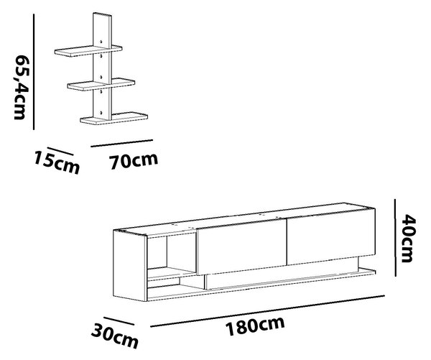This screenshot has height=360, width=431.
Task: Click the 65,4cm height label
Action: [x=21, y=87]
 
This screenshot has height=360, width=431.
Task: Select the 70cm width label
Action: [x=134, y=161]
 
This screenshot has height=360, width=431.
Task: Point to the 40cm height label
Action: [x=409, y=238]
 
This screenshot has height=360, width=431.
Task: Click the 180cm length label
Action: [x=255, y=326]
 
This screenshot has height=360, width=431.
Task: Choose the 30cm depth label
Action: [x=115, y=336]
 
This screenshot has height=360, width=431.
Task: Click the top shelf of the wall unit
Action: [x=88, y=51]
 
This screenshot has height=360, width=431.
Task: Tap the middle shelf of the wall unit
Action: [x=101, y=84]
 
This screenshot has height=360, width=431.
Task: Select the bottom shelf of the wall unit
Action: [x=113, y=118]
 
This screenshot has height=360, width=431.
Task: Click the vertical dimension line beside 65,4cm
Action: [x=34, y=72]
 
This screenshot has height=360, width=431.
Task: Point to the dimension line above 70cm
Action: [x=122, y=143]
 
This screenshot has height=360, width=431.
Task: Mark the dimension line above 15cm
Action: [x=60, y=152]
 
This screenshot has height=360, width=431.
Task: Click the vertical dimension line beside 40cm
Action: [x=395, y=238]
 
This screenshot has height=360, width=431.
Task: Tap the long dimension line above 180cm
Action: [x=267, y=311]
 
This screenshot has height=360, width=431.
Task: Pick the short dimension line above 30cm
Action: [x=119, y=321]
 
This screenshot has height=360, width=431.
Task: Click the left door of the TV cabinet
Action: [x=242, y=246]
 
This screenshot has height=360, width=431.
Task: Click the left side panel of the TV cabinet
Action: [x=130, y=266]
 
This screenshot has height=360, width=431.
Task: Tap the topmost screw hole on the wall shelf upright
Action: [x=101, y=42]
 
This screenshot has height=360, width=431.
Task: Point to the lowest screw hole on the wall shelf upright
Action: [x=101, y=113]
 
